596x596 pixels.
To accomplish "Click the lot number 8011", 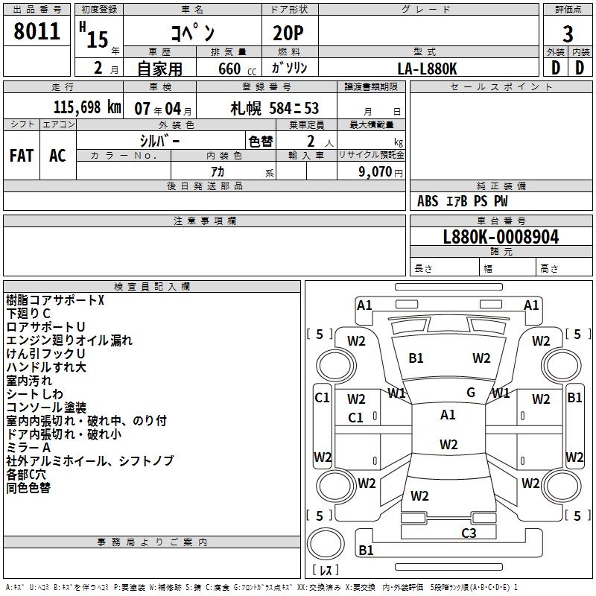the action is coord(38,31).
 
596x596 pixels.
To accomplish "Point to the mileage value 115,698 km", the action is coord(87,107).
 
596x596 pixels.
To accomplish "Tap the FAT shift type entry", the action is coord(22,155).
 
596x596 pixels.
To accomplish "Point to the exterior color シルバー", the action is coord(159,141).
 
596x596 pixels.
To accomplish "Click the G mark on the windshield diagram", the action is coord(471,393).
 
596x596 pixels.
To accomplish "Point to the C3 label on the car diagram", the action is coord(469,533).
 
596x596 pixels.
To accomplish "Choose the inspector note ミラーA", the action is coord(28,448).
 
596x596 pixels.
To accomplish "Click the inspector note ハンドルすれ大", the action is coord(46,367).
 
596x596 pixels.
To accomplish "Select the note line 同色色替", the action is coord(28,488).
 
